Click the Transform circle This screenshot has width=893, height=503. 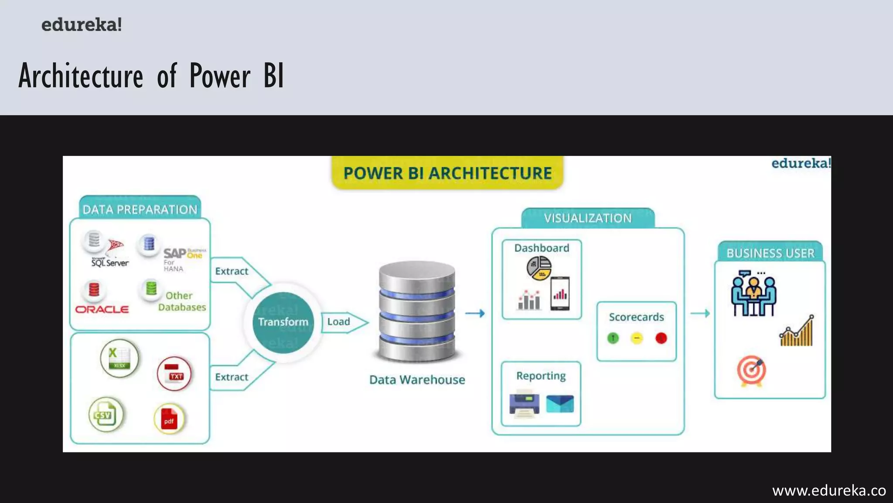[x=283, y=322]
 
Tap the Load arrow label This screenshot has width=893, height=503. [x=339, y=322]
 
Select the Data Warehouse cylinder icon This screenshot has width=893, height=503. [x=417, y=312]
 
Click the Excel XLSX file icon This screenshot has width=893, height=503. [x=119, y=358]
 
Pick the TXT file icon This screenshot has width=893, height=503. [x=174, y=374]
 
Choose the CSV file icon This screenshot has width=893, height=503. [x=106, y=414]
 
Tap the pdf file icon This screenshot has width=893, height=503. [x=169, y=419]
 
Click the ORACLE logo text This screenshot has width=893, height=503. [x=102, y=310]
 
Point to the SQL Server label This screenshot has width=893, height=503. [x=110, y=263]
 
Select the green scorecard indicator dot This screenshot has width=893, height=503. [x=613, y=338]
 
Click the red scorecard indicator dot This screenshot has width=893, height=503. [x=661, y=338]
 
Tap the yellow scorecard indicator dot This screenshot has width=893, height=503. [x=637, y=338]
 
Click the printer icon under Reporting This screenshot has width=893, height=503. [x=524, y=404]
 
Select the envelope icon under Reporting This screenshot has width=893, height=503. [x=560, y=404]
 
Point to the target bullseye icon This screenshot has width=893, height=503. [x=751, y=371]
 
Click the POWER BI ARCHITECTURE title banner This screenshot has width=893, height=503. [x=447, y=173]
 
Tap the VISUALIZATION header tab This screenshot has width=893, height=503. [x=588, y=218]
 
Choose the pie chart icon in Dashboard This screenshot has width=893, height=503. [x=539, y=268]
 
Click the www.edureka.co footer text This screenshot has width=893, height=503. [x=829, y=491]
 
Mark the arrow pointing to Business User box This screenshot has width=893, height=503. [x=700, y=313]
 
